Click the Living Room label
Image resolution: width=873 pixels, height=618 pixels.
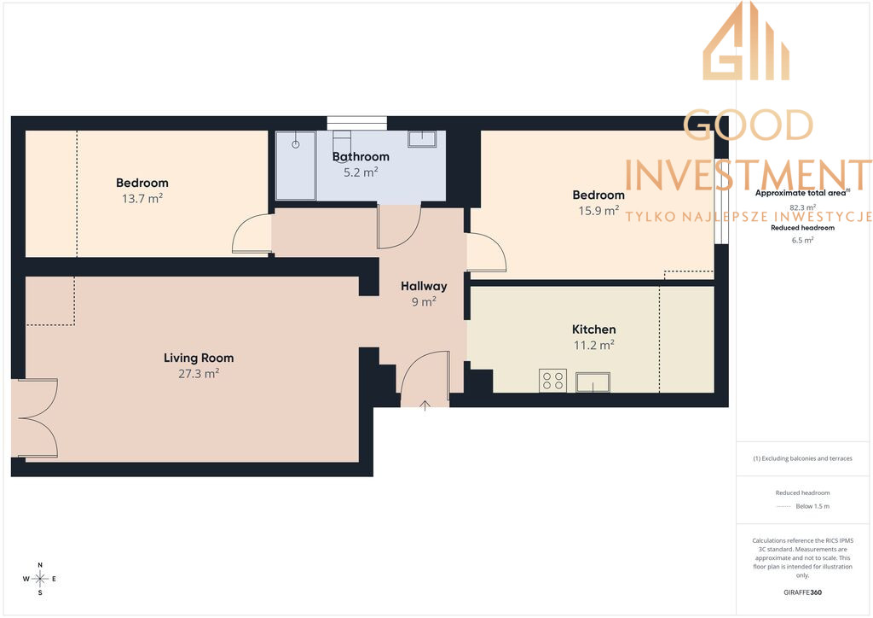[199, 358]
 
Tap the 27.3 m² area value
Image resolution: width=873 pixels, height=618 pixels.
[199, 373]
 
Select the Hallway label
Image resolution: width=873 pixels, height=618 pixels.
[424, 287]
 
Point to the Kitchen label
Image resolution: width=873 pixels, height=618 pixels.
[594, 329]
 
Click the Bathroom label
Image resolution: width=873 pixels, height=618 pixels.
[361, 156]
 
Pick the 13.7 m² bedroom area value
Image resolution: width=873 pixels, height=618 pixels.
[142, 198]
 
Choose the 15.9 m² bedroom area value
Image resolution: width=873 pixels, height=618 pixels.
[598, 211]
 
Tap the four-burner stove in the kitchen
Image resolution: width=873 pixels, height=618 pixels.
[552, 381]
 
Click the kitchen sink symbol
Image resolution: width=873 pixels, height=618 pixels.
[593, 382]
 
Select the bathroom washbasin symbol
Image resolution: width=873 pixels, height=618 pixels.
[422, 139]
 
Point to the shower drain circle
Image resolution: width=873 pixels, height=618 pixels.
[296, 144]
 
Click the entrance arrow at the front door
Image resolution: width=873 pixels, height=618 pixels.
[425, 405]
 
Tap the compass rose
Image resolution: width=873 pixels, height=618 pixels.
[40, 579]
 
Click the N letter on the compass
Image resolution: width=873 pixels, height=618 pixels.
[40, 565]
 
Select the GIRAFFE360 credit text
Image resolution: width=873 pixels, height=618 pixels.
[802, 592]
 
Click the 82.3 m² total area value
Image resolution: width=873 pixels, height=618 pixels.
[802, 207]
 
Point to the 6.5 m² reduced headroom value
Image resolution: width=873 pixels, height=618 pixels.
[802, 240]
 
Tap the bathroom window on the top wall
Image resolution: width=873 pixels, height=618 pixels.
[357, 123]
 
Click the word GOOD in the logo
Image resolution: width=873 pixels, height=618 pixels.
[749, 125]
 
